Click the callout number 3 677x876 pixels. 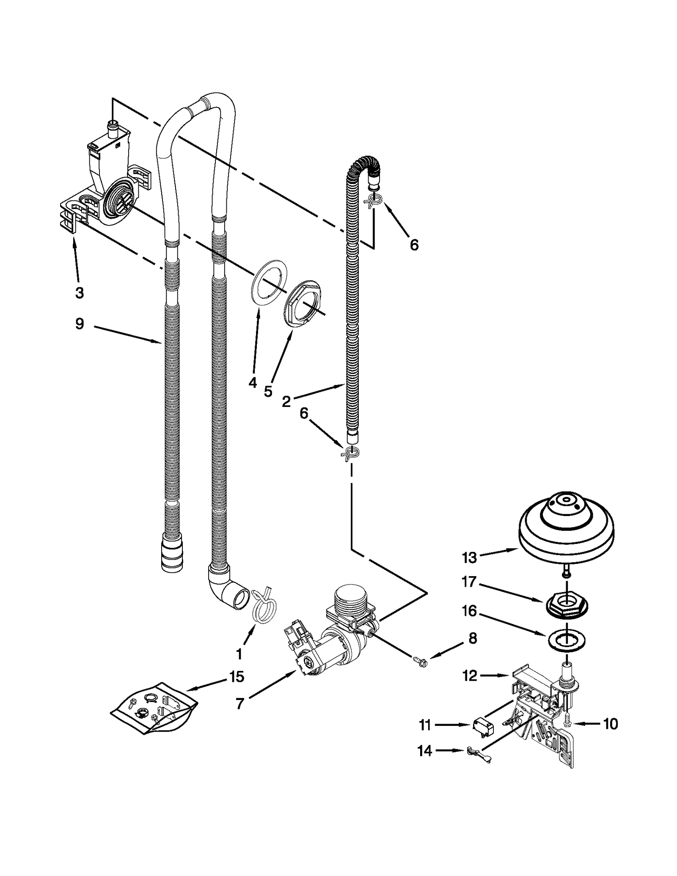tap(79, 292)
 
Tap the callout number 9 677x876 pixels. tap(79, 324)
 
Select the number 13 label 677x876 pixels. tap(469, 558)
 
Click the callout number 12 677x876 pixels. tap(470, 676)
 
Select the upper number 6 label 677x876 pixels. tap(414, 244)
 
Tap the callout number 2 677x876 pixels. tap(286, 401)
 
